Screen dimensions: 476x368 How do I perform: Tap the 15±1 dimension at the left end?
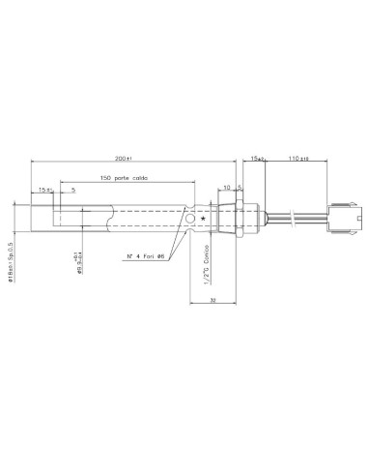(43, 190)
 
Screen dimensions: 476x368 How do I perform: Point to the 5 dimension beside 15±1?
(73, 190)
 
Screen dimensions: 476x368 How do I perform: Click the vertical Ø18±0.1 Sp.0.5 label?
(13, 227)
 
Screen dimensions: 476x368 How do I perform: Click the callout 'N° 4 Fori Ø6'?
(148, 254)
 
